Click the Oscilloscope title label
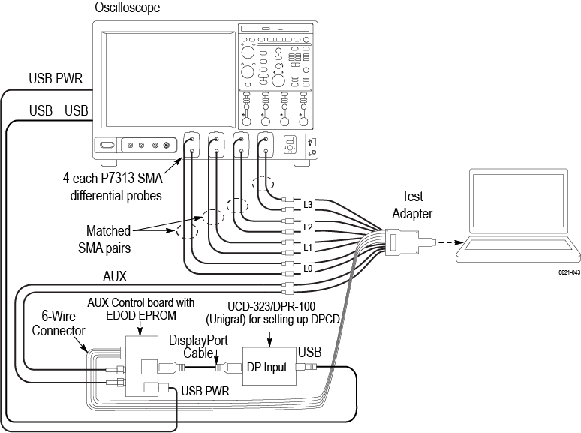pyautogui.click(x=127, y=8)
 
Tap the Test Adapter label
pyautogui.click(x=412, y=205)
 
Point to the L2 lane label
pyautogui.click(x=308, y=226)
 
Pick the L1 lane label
pyautogui.click(x=308, y=247)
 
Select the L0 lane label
pyautogui.click(x=308, y=268)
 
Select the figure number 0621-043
pyautogui.click(x=568, y=273)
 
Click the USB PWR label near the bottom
pyautogui.click(x=205, y=391)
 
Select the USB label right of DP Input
pyautogui.click(x=309, y=351)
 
